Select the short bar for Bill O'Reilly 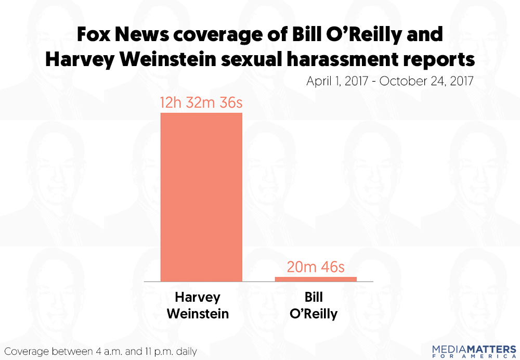(x=316, y=279)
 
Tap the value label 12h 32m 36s (x=202, y=103)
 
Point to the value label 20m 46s (x=316, y=267)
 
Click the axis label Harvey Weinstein (x=201, y=305)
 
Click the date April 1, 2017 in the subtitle (x=341, y=82)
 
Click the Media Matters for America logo (x=474, y=350)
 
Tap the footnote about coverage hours (x=100, y=351)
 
